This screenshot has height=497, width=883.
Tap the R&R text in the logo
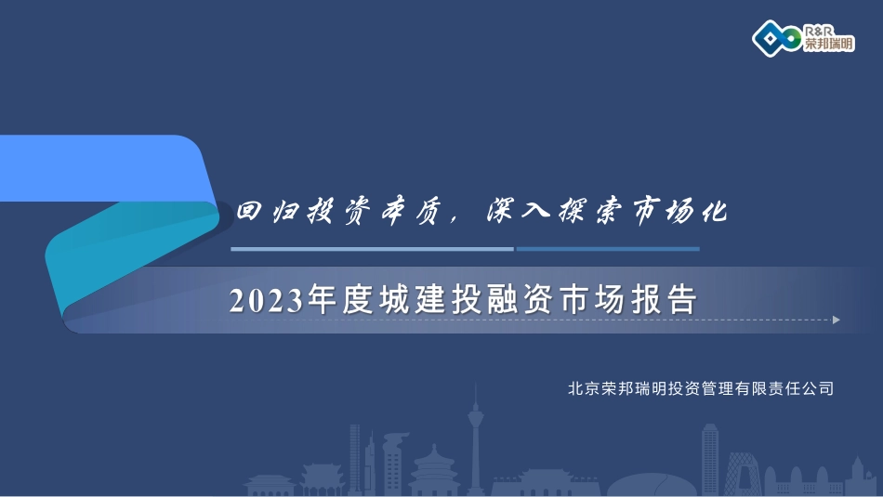[x=818, y=31]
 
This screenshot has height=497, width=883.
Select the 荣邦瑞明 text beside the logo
[x=829, y=44]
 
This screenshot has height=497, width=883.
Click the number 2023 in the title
[x=266, y=300]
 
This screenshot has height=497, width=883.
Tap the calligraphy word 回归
[x=268, y=211]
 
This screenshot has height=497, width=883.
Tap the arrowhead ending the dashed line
[x=837, y=320]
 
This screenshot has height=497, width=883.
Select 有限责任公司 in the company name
[x=784, y=388]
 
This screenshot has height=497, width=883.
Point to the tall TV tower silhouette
[x=475, y=439]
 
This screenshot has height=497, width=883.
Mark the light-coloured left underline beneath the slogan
[x=372, y=249]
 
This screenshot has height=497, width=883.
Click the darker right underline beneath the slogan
[x=608, y=249]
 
